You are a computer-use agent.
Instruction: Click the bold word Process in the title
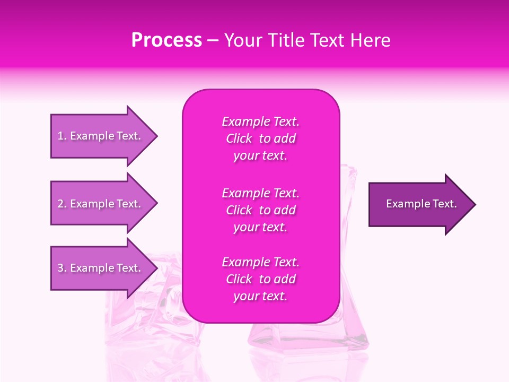coord(166,40)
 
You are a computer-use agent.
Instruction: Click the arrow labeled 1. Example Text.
coord(99,136)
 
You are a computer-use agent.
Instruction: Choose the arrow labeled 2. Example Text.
coord(99,204)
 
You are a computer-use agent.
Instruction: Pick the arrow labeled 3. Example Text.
coord(99,268)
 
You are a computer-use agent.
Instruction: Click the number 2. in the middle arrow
coord(62,204)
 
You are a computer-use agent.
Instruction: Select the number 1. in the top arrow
coord(62,136)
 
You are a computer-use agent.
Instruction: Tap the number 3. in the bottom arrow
coord(62,268)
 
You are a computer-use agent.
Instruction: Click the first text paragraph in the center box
coord(260,138)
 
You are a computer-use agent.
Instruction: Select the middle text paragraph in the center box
coord(260,210)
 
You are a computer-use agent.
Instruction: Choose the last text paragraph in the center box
coord(260,279)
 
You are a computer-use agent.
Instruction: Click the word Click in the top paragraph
coord(239,139)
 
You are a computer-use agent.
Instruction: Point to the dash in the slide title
coord(213,41)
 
